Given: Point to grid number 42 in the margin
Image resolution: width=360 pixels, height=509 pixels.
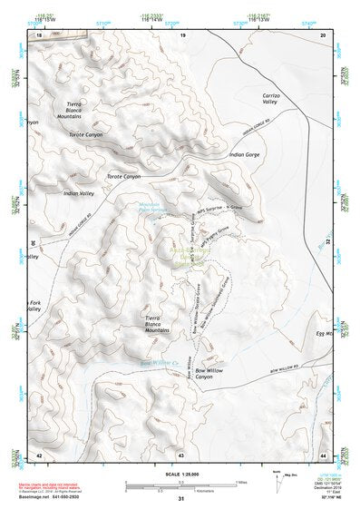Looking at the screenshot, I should pos(38,453).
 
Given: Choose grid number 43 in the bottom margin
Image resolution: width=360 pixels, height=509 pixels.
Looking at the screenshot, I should pos(181,453).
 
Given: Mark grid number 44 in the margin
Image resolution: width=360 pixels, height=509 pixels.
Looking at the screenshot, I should pos(324,453).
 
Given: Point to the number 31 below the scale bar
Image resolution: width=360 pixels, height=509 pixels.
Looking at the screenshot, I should pos(180,499).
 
